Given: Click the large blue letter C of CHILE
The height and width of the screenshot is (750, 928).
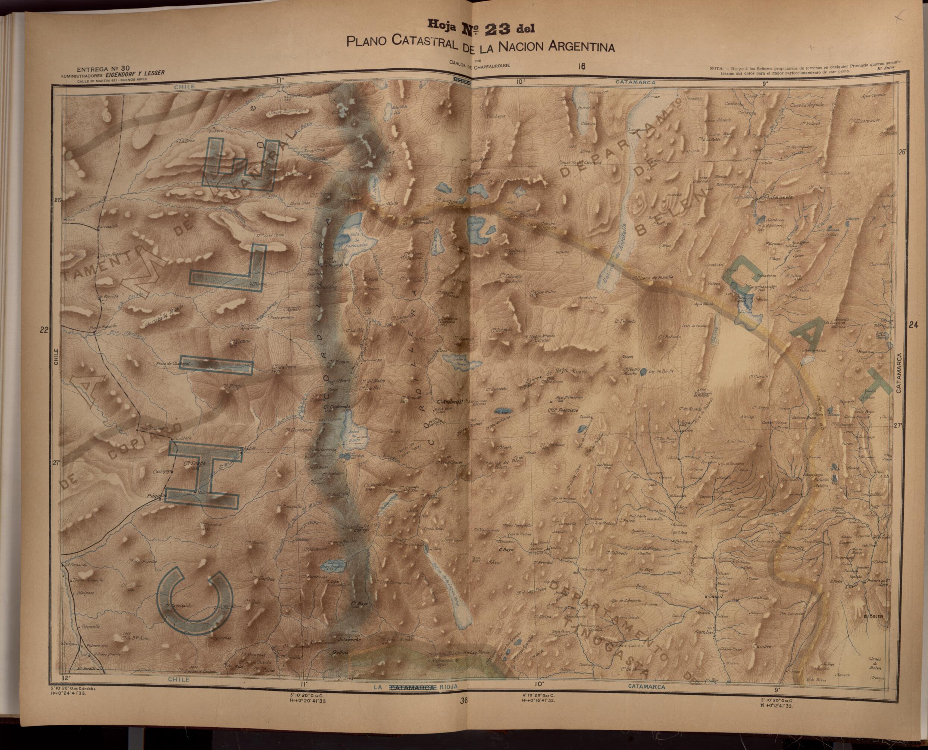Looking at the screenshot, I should point(194,600).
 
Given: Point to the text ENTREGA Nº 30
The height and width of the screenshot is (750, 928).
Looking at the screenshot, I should point(103,69).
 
